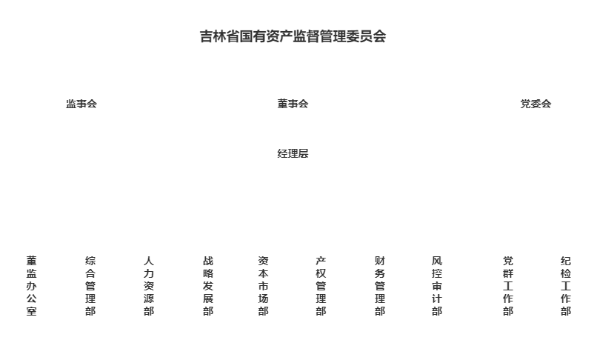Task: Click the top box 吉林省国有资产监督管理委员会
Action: [x=293, y=36]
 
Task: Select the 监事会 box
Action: [x=81, y=104]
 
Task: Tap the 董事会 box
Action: [x=293, y=104]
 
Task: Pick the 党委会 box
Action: [x=536, y=104]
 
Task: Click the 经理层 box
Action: [x=293, y=153]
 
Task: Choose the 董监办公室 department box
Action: [x=31, y=285]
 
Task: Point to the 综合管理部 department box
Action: [x=90, y=285]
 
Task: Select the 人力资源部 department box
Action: [x=149, y=285]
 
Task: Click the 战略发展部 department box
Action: [x=208, y=285]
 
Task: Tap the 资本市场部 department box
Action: [x=263, y=285]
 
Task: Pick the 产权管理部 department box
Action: [x=321, y=285]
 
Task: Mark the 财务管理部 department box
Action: [x=380, y=285]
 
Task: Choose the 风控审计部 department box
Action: [x=437, y=285]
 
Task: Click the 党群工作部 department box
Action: [x=507, y=285]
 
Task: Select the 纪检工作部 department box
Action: [x=566, y=285]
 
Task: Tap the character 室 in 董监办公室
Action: [x=31, y=311]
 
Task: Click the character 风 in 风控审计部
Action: [x=437, y=261]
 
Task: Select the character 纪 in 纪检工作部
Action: [x=566, y=261]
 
